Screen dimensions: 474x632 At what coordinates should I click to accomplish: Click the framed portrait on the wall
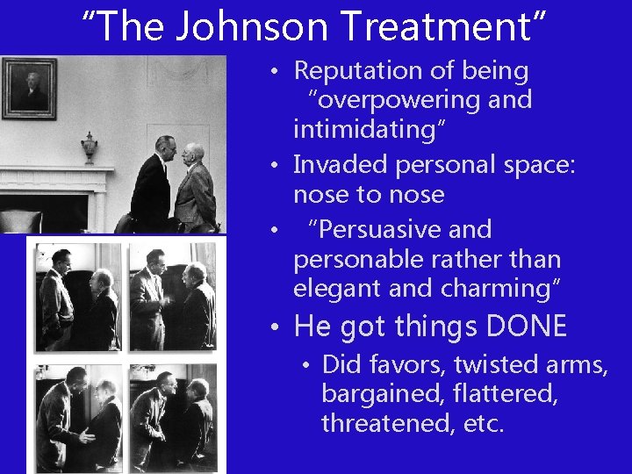29,88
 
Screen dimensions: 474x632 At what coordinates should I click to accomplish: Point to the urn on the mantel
89,147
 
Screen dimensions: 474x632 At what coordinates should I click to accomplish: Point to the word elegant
340,289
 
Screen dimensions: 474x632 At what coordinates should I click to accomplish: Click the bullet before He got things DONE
276,328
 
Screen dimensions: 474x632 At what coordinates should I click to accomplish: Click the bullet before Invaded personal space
276,165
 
